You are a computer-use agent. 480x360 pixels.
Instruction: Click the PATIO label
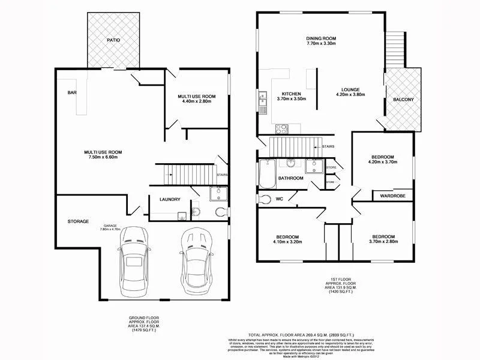pos(113,40)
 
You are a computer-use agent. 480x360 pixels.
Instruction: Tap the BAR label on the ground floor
pos(73,93)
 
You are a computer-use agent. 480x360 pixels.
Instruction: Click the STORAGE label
pos(78,221)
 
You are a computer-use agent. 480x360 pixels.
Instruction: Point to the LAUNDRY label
pos(170,199)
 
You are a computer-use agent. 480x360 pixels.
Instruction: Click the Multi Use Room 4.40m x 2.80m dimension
pos(197,101)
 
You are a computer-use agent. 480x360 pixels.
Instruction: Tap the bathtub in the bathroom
pos(267,173)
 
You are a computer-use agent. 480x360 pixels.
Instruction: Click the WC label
pos(279,199)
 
